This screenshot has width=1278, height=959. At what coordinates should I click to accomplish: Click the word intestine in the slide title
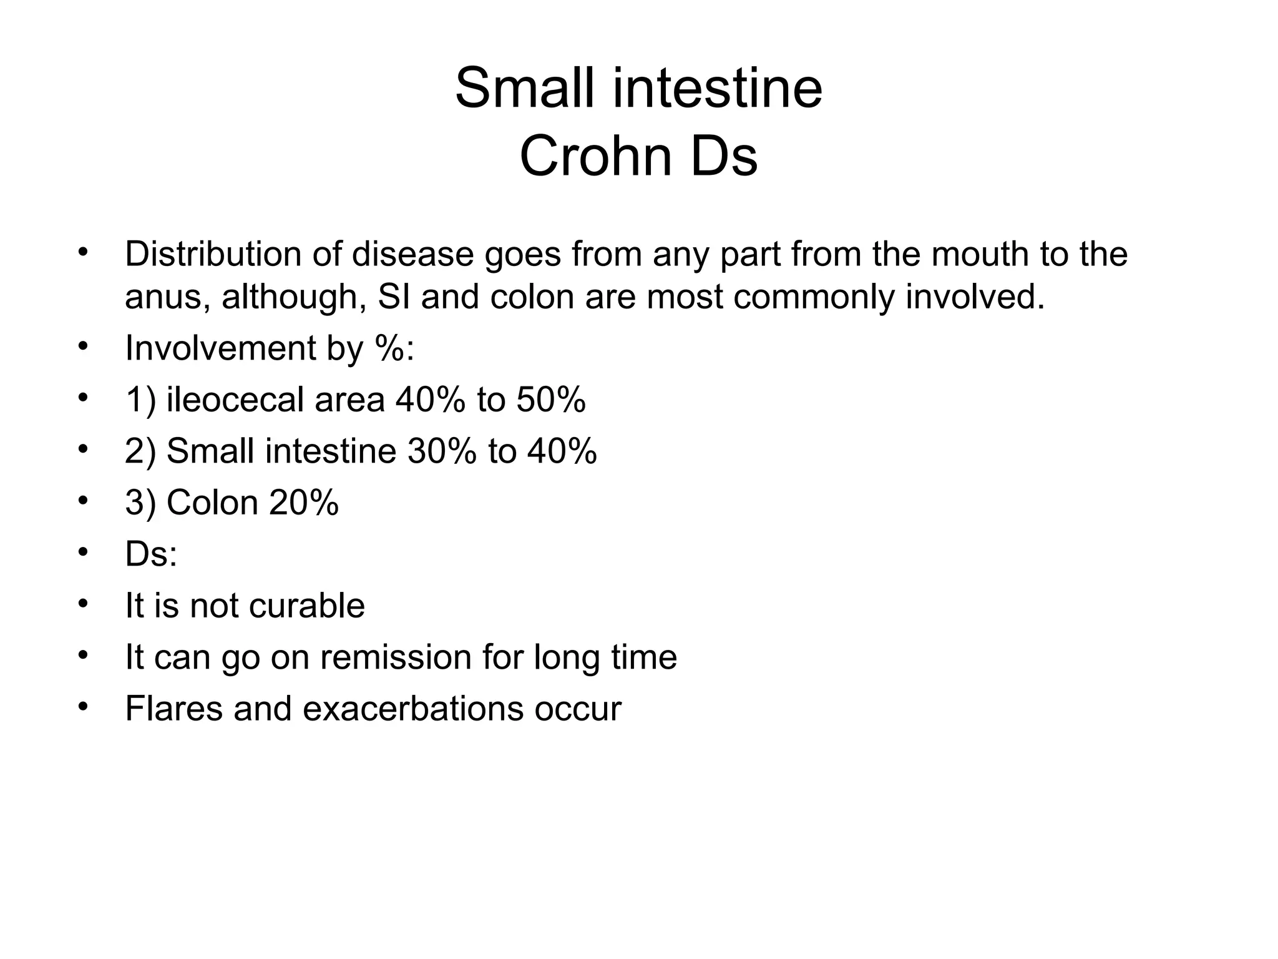pyautogui.click(x=718, y=88)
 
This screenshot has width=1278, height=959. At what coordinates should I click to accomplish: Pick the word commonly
pyautogui.click(x=814, y=298)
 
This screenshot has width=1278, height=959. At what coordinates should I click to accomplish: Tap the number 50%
pyautogui.click(x=551, y=400)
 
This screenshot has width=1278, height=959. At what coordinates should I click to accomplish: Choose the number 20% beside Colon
pyautogui.click(x=304, y=502)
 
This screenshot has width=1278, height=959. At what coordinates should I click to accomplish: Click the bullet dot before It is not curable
pyautogui.click(x=84, y=604)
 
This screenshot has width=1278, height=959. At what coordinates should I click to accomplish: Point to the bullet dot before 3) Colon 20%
pyautogui.click(x=84, y=501)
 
